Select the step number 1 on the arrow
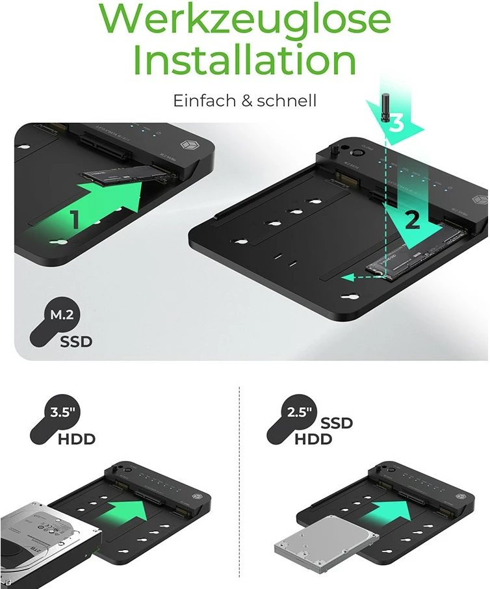click(x=75, y=220)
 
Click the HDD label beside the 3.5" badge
click(x=76, y=439)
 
